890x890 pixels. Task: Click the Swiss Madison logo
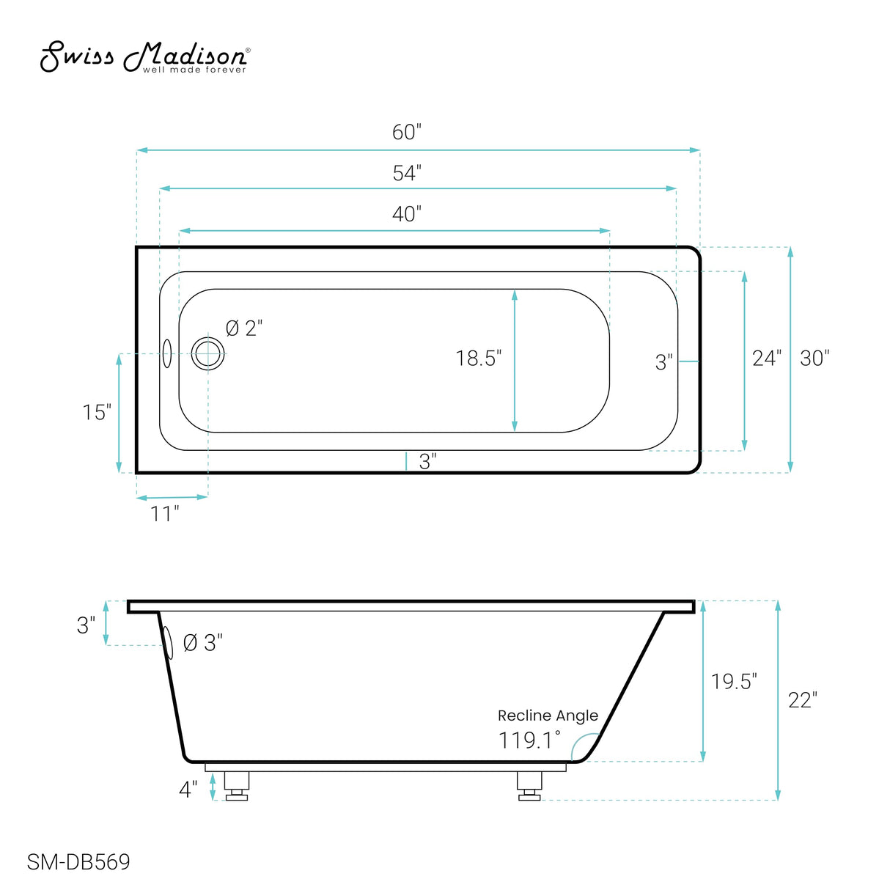[144, 57]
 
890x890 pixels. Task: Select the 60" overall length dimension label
[406, 132]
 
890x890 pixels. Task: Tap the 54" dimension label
[406, 173]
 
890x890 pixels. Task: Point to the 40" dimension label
[406, 214]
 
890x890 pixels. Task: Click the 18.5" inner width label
[478, 358]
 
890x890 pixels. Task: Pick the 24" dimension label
[766, 358]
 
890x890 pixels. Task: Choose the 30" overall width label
[814, 358]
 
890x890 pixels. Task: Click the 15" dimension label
[97, 413]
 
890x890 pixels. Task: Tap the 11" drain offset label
[165, 514]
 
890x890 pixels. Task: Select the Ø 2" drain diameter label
[243, 328]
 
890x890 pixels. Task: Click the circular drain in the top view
[208, 355]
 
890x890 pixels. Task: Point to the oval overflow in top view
[167, 353]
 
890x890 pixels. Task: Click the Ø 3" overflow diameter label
[202, 643]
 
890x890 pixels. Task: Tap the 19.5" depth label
[733, 682]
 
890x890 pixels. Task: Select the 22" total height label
[802, 701]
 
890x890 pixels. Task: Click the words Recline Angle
[548, 716]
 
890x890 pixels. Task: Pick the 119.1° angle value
[529, 740]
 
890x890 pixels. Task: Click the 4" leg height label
[188, 790]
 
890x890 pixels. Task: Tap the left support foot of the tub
[236, 785]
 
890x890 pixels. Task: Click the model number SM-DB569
[78, 862]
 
